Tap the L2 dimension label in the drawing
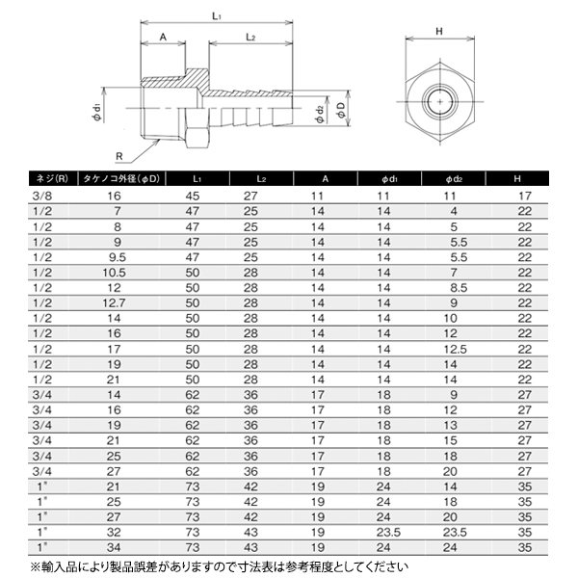pyautogui.click(x=250, y=38)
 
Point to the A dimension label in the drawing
pyautogui.click(x=163, y=38)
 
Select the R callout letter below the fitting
pyautogui.click(x=118, y=156)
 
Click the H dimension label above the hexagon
pyautogui.click(x=438, y=31)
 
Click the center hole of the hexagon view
pyautogui.click(x=438, y=99)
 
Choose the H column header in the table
pyautogui.click(x=524, y=179)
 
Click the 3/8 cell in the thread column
pyautogui.click(x=31, y=196)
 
